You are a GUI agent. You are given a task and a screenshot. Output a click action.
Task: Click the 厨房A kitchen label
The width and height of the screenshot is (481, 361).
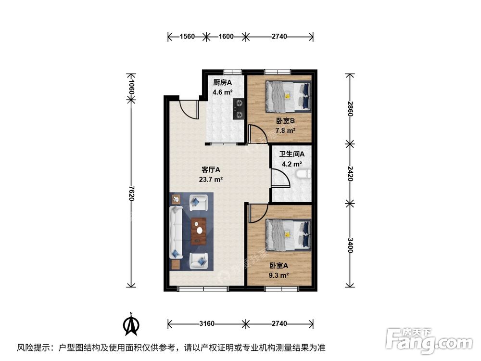(x=223, y=82)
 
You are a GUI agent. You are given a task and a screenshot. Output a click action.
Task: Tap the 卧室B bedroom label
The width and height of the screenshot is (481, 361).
(x=285, y=121)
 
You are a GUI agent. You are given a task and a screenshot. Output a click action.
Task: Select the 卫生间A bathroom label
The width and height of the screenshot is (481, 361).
(x=292, y=155)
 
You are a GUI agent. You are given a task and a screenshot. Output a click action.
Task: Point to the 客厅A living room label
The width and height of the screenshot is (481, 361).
(x=211, y=170)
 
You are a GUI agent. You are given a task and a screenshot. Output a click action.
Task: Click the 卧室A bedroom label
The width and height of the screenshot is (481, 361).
(x=278, y=266)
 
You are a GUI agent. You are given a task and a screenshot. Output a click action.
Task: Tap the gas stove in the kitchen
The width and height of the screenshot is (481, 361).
(x=238, y=109)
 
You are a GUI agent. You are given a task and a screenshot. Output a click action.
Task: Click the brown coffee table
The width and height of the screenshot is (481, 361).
(x=198, y=232)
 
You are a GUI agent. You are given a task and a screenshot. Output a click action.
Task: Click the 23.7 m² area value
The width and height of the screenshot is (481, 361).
(x=211, y=180)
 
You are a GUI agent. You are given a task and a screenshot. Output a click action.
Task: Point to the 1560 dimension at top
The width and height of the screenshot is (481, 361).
(x=187, y=37)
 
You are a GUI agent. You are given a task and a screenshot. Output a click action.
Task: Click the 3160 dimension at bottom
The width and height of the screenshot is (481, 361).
(x=206, y=323)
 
